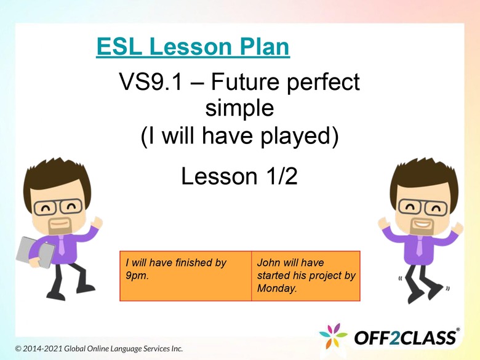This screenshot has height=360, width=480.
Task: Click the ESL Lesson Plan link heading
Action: point(193,47)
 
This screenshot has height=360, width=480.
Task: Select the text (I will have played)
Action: point(239,137)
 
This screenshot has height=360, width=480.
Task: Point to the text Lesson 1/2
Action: point(239,177)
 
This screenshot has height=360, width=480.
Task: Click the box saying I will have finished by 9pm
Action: point(185,276)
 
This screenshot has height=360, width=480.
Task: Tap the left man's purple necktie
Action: point(61,246)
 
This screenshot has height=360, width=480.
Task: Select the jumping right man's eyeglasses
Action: point(424,207)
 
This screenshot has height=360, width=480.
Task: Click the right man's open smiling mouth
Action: point(422,223)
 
